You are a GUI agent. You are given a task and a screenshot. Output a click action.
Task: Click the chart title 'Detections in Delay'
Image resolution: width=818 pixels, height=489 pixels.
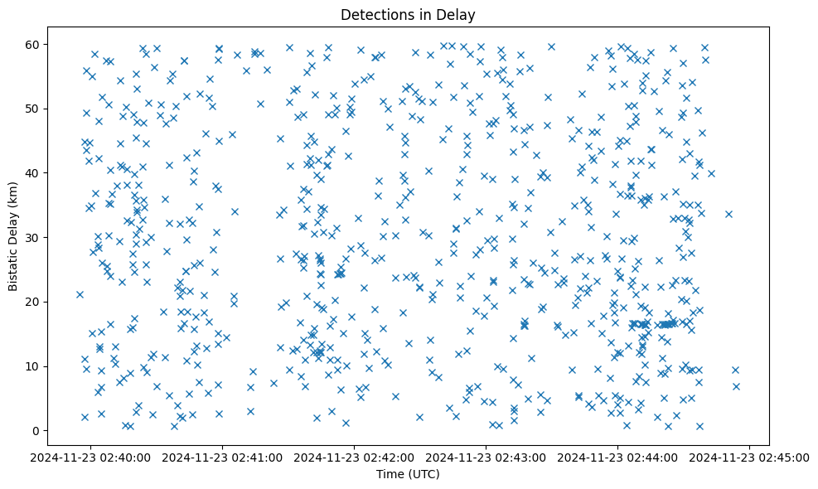(x=408, y=14)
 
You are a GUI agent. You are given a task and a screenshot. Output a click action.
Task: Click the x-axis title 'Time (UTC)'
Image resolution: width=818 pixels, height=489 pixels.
(x=408, y=475)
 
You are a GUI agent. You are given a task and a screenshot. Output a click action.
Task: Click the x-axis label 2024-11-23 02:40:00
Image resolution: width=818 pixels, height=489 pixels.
(x=91, y=456)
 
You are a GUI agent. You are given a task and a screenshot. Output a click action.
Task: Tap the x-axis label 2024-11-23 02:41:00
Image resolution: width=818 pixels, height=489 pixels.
(x=223, y=456)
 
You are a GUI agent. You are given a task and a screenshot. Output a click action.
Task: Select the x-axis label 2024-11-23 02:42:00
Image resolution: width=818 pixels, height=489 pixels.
(x=355, y=456)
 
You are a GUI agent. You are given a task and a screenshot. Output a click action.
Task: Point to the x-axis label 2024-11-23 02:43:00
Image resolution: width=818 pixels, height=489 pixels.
(x=486, y=456)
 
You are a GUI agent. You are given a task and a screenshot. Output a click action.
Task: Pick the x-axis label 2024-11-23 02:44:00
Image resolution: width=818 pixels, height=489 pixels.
(x=618, y=456)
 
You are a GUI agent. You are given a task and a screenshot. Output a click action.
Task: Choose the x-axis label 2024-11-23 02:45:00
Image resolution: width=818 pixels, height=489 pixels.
(x=750, y=456)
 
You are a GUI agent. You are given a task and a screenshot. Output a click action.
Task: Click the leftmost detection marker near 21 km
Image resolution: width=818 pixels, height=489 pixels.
(x=80, y=294)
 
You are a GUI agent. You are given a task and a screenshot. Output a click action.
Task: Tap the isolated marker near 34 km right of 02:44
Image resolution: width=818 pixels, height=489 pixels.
(x=728, y=214)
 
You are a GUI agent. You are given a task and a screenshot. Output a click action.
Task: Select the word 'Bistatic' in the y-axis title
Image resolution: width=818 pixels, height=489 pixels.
(x=13, y=264)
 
